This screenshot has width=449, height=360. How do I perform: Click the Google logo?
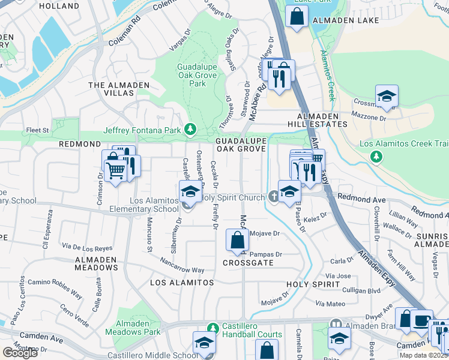click(20, 353)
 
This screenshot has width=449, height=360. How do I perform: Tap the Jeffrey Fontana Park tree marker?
click(190, 129)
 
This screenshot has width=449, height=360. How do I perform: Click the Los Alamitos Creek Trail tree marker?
click(376, 157)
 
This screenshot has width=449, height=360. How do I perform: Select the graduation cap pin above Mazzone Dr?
click(387, 96)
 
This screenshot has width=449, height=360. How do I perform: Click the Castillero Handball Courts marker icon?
click(211, 328)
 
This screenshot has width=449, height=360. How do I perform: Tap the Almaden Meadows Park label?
click(133, 328)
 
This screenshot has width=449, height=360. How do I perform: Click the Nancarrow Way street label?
click(182, 266)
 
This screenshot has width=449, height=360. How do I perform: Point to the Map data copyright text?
click(424, 355)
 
